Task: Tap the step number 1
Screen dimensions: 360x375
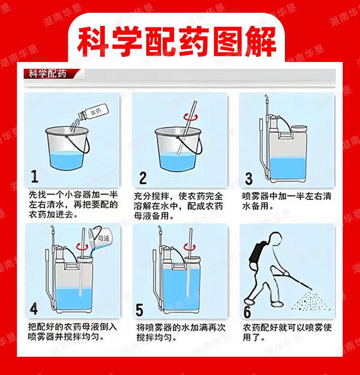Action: pyautogui.click(x=35, y=176)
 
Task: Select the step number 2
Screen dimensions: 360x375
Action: pyautogui.click(x=143, y=178)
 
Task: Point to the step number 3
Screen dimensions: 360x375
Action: pyautogui.click(x=249, y=179)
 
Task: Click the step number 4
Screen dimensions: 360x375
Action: pyautogui.click(x=34, y=308)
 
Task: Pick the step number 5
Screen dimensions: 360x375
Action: pyautogui.click(x=139, y=310)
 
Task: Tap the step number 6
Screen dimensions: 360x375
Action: pyautogui.click(x=247, y=312)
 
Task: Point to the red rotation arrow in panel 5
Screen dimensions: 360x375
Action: pyautogui.click(x=190, y=247)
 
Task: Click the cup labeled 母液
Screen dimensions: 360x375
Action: pyautogui.click(x=100, y=237)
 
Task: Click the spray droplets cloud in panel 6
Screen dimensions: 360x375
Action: pyautogui.click(x=311, y=301)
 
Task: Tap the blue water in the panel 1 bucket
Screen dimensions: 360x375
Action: pyautogui.click(x=67, y=160)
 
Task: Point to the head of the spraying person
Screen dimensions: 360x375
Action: pyautogui.click(x=275, y=238)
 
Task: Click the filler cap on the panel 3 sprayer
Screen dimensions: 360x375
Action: pyautogui.click(x=299, y=129)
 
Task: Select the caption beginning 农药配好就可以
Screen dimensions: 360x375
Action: pyautogui.click(x=287, y=333)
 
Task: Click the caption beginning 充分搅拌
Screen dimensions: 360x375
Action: pyautogui.click(x=179, y=206)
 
